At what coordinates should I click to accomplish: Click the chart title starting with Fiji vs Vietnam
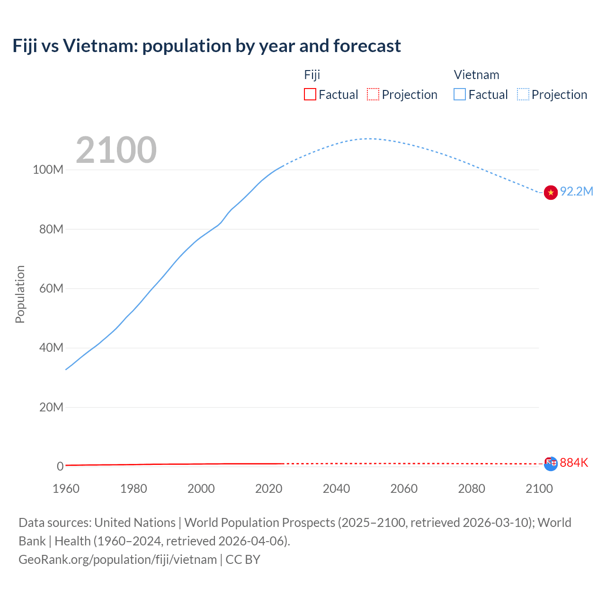[206, 46]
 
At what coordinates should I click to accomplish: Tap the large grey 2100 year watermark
[116, 150]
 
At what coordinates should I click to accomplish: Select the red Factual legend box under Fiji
[310, 94]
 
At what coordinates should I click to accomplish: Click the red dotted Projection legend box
[373, 94]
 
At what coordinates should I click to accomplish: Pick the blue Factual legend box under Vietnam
[460, 94]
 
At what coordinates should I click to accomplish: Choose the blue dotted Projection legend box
[523, 94]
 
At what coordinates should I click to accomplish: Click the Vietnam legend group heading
[476, 75]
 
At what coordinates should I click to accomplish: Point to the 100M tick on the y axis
[48, 170]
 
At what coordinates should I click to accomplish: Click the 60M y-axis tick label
[51, 288]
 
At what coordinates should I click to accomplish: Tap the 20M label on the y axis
[51, 407]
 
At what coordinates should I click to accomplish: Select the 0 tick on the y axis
[60, 466]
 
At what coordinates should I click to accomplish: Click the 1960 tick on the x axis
[66, 489]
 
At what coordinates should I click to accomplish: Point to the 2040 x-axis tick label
[336, 489]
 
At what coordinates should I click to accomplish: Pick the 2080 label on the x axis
[472, 489]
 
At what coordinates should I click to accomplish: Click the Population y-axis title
[20, 294]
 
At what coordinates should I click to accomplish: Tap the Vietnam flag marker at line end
[551, 193]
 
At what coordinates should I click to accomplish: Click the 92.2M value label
[576, 191]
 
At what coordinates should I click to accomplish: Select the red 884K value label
[574, 463]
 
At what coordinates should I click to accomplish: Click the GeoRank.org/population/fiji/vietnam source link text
[117, 560]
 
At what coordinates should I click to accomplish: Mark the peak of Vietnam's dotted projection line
[369, 138]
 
